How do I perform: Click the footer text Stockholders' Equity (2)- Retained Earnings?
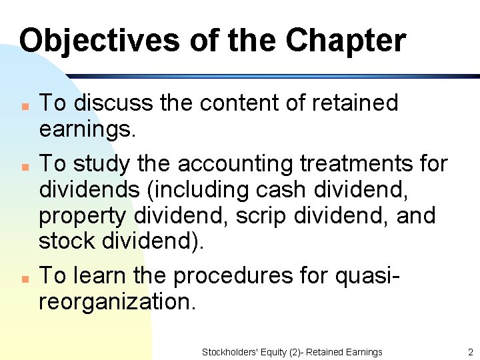[292, 352]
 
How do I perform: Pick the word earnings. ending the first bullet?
[87, 129]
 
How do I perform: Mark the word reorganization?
[117, 302]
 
